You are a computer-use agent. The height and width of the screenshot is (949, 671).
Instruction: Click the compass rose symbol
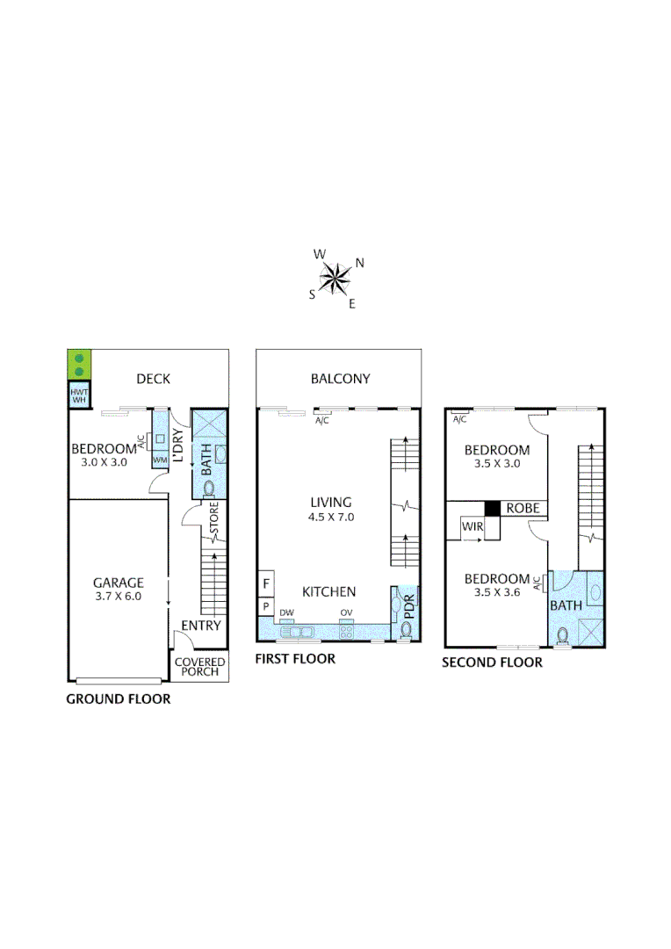(335, 279)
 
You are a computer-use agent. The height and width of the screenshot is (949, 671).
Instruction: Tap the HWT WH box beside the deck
(79, 395)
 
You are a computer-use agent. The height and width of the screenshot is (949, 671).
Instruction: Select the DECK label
(153, 379)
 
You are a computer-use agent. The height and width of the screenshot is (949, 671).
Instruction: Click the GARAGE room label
(119, 582)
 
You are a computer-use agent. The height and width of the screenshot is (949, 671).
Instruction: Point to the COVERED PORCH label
(199, 667)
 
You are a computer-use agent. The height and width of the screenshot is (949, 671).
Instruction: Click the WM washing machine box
(160, 460)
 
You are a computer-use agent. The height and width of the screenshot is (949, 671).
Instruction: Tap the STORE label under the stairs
(213, 518)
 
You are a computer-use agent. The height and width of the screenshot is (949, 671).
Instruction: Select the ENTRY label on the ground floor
(200, 626)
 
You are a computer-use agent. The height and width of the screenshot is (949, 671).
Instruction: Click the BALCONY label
(340, 379)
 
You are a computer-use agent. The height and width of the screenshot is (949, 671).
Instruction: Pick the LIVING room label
(331, 502)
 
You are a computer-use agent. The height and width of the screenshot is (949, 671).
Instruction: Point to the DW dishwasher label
(286, 613)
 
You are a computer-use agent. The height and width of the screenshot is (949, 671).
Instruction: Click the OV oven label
(346, 613)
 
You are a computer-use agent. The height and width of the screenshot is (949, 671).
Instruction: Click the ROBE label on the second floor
(523, 509)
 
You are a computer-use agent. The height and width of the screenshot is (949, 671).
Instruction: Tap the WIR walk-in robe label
(472, 527)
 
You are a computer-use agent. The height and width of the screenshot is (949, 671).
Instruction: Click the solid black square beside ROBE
(493, 509)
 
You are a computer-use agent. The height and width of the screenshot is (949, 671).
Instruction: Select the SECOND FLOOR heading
(492, 663)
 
